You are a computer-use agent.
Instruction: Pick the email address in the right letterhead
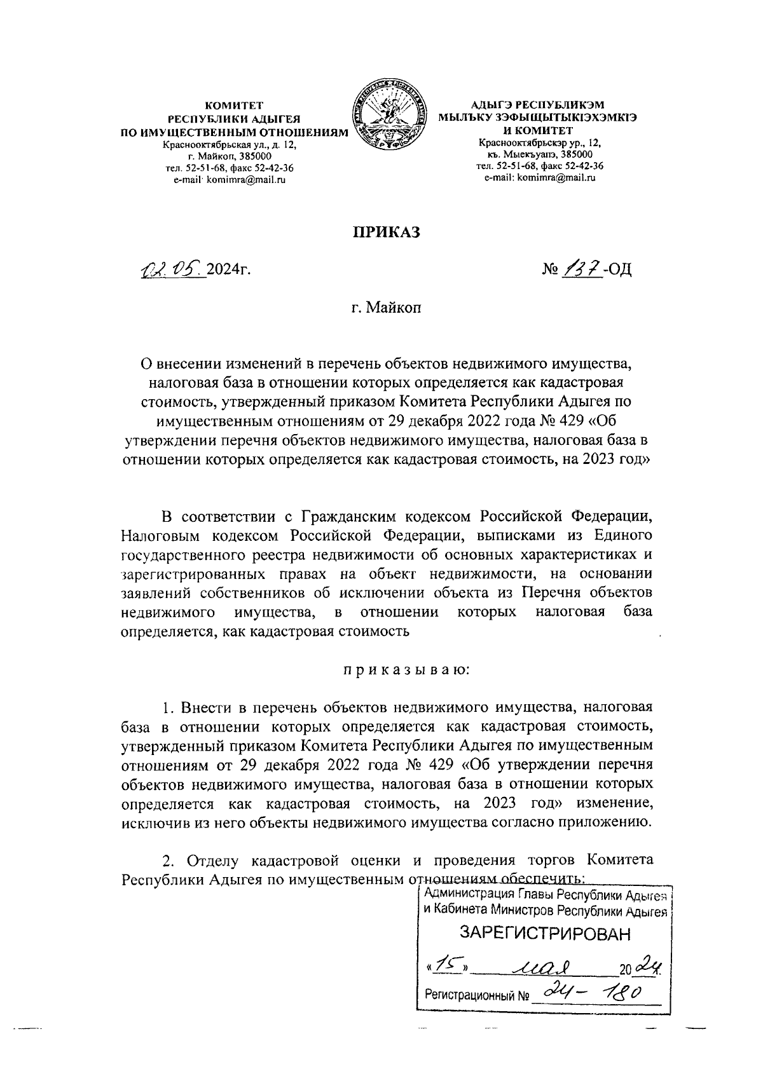(540, 177)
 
